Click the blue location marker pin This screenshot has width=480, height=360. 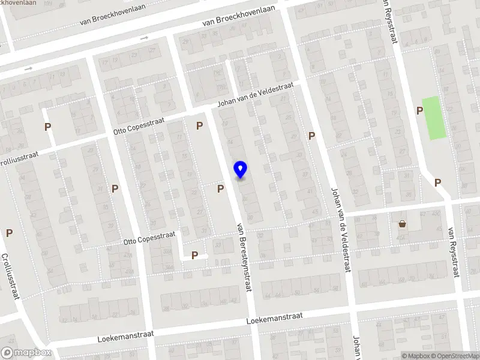241,170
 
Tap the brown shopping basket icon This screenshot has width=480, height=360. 401,224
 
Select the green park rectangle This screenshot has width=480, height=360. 435,118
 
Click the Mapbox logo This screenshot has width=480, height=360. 26,353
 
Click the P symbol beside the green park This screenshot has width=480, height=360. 419,110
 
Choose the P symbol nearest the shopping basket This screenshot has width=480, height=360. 437,182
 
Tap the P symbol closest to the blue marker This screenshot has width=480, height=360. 221,188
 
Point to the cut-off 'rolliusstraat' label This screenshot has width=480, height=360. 19,155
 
